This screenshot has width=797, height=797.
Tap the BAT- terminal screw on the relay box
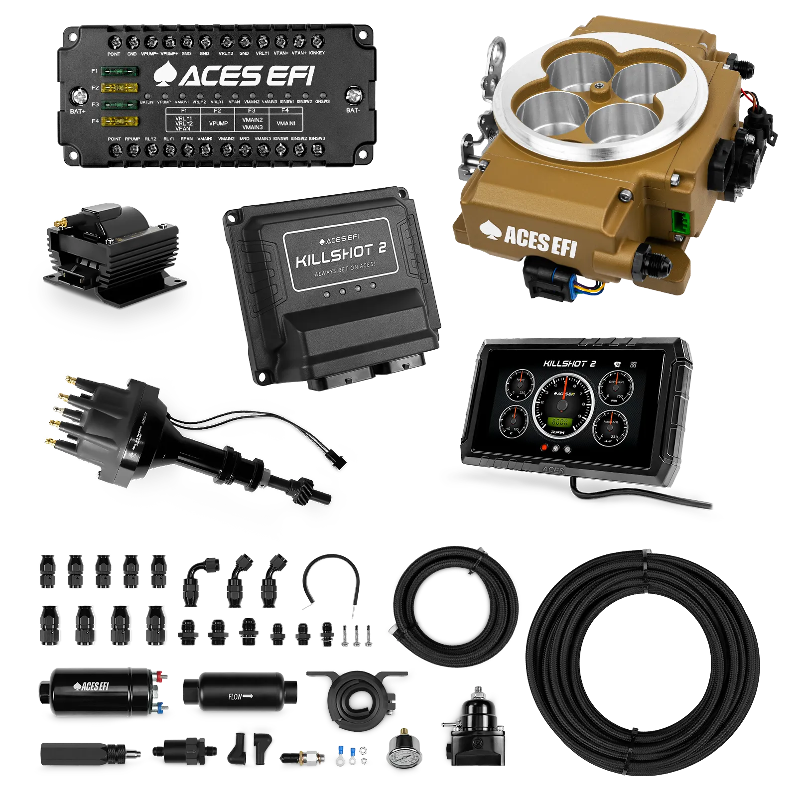point(354,94)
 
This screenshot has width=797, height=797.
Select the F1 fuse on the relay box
point(120,71)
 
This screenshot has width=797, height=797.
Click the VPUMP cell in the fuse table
point(218,123)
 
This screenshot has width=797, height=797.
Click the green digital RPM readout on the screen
point(559,422)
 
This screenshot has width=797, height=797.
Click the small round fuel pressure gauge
point(404,760)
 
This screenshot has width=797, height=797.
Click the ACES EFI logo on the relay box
point(234,76)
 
